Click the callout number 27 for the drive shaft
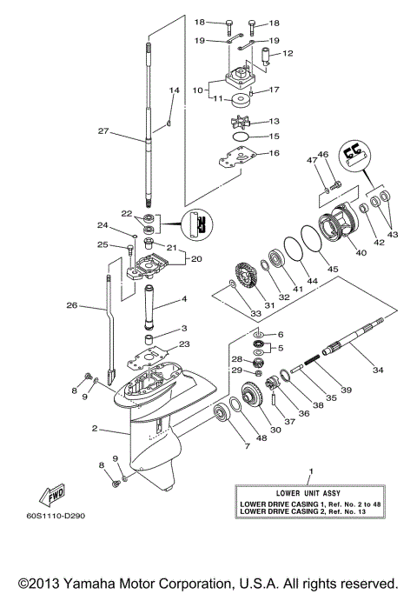[103, 133]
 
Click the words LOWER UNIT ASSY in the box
[309, 492]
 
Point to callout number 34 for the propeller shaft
[377, 370]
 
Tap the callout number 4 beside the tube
[184, 300]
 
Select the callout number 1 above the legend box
[310, 471]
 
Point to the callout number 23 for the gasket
[183, 344]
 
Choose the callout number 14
[174, 90]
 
